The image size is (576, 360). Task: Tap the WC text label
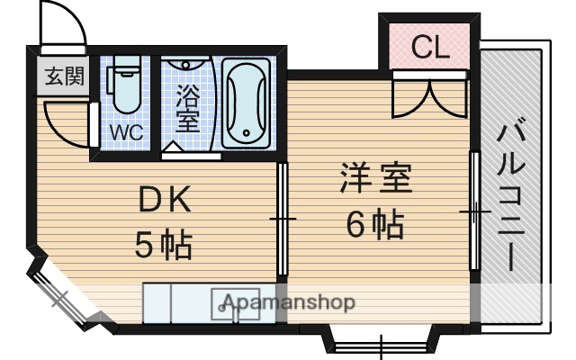126,132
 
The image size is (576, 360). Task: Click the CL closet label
429,48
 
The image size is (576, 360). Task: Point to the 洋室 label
375,178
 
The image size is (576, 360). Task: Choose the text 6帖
375,222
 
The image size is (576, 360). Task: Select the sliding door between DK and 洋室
282,220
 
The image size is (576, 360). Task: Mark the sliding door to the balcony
473,212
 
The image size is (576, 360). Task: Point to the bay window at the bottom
382,345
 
